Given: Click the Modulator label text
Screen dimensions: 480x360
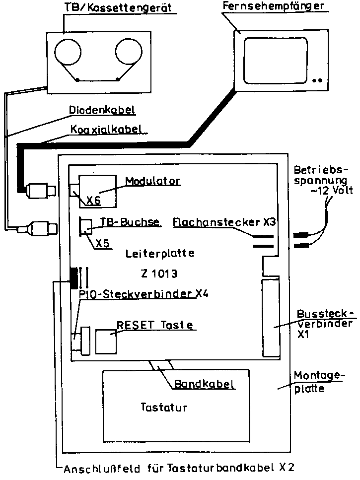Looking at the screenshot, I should pos(152,180).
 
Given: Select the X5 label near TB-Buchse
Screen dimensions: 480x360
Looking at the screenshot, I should pos(102,243).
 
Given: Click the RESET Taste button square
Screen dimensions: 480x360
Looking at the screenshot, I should pos(106,340).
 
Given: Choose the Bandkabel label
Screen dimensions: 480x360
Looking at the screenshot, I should pos(205,384).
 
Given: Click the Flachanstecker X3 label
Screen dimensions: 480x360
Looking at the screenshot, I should pos(224,222).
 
